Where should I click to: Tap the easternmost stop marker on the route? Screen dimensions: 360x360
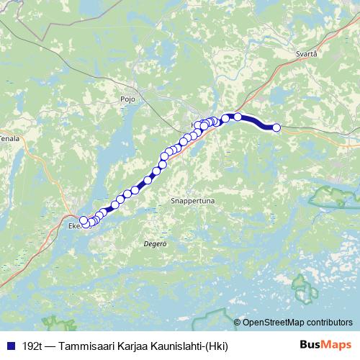pyautogui.click(x=276, y=127)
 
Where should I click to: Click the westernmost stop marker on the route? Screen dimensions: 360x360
pyautogui.click(x=83, y=220)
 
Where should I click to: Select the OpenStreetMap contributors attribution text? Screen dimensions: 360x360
pyautogui.click(x=297, y=322)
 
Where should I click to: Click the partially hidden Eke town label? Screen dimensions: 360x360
pyautogui.click(x=73, y=225)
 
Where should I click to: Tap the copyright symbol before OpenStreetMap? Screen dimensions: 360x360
pyautogui.click(x=238, y=322)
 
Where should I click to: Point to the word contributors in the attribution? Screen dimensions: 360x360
pyautogui.click(x=328, y=322)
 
